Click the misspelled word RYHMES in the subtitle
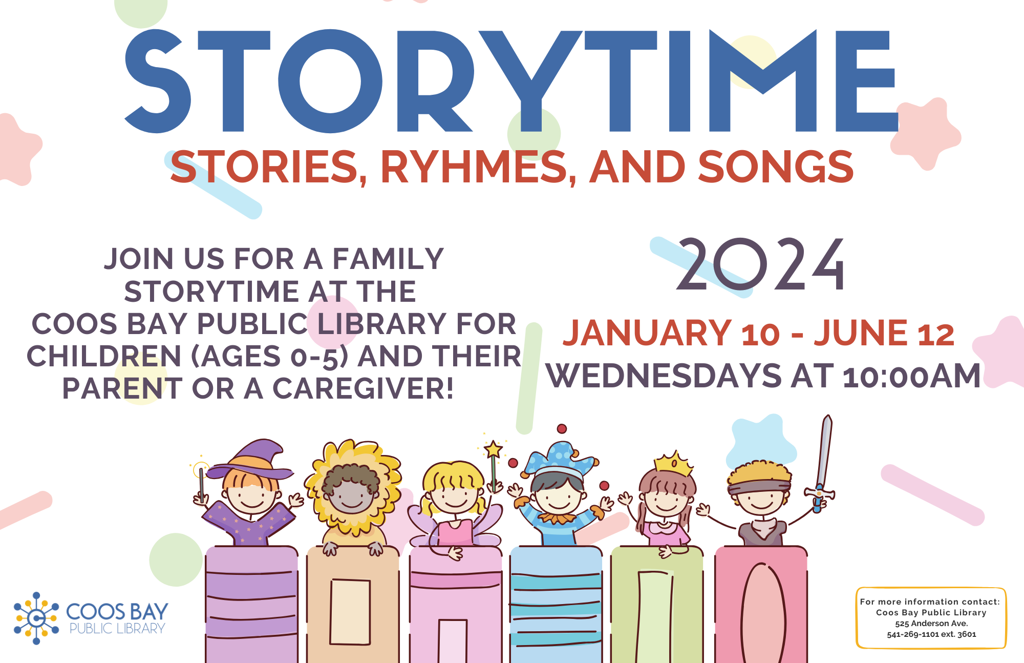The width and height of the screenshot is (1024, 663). (478, 167)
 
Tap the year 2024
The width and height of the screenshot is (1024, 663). (761, 265)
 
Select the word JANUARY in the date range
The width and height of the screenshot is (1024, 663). (647, 333)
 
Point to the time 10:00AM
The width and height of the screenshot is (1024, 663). (912, 376)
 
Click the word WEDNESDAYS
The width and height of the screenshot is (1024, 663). (664, 376)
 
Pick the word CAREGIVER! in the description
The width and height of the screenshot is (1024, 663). (363, 388)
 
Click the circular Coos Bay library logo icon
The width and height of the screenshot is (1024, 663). (36, 618)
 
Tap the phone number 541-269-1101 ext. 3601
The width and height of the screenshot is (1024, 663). (931, 634)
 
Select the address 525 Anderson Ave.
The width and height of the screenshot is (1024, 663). (931, 624)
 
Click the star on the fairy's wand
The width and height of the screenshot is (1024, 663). (493, 450)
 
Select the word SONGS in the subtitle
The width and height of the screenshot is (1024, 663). (776, 167)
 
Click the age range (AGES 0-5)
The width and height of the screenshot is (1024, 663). (269, 357)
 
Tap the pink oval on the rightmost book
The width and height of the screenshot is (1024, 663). (763, 613)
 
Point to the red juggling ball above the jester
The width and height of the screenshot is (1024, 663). (562, 428)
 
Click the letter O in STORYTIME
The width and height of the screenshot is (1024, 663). (330, 81)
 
